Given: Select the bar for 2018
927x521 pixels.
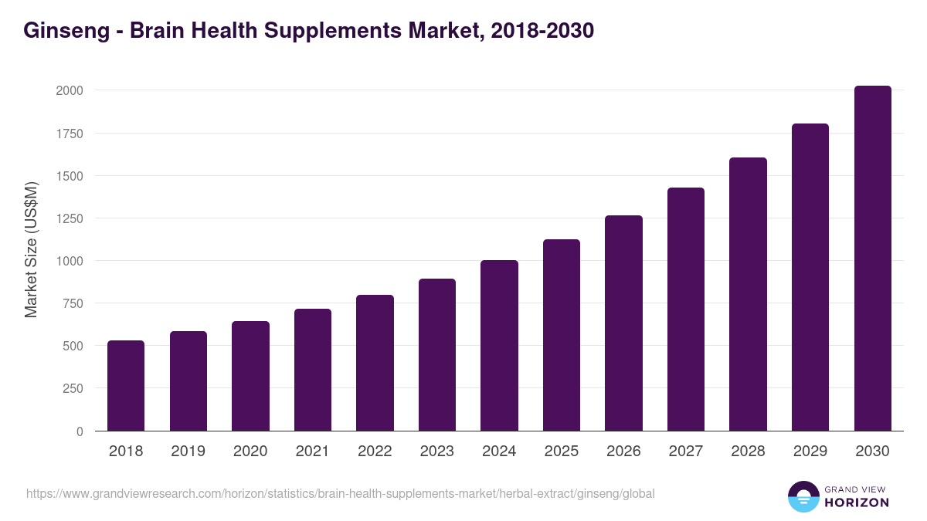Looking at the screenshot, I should pos(126,386).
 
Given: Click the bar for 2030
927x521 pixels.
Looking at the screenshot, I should pos(872,259).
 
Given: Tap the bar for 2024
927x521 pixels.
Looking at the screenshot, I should pos(499,346).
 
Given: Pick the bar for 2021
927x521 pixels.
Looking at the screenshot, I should pos(313,370).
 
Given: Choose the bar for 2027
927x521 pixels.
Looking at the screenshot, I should pos(686,310).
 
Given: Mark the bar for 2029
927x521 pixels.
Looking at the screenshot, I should pos(810,277).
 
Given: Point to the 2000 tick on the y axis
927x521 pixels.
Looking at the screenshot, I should pos(68,90).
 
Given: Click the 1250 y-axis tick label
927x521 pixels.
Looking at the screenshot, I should pos(68,218).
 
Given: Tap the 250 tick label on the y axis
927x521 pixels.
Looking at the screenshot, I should pos(72,388).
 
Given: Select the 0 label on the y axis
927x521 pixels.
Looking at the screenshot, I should pos(79,431).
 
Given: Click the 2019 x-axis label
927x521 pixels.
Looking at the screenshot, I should pos(188,452).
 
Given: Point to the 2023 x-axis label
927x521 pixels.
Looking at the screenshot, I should pos(436,452).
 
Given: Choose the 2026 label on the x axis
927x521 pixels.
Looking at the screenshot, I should pos(623,452).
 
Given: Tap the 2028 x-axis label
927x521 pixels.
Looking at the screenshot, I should pos(748,452).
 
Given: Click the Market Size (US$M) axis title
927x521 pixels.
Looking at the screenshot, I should pos(31,250).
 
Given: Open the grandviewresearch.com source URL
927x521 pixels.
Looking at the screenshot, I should pos(340,493).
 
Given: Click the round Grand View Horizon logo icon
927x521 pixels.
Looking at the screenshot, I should pos(803,496).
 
